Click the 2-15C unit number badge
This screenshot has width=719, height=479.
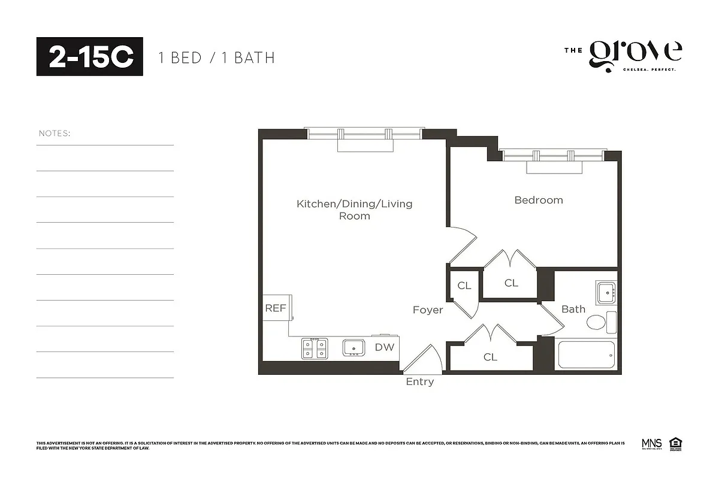coord(90,56)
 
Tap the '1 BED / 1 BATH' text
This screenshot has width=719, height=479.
coord(216,58)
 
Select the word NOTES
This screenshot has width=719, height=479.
coord(55,133)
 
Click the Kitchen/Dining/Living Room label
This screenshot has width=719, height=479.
coord(355,210)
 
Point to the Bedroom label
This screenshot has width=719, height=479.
coord(539,200)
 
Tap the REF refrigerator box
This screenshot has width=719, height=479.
coord(276,308)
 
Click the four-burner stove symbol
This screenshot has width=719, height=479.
coord(315,348)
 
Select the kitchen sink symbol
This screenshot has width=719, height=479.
coord(354,347)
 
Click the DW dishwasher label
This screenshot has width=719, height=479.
coord(385,347)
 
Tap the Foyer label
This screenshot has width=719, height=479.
coord(428,310)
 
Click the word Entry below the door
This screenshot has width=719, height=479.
coord(419,382)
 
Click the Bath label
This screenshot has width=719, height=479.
coord(573,309)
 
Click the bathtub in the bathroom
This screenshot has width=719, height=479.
coord(587,355)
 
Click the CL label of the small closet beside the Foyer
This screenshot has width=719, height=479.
coord(464,286)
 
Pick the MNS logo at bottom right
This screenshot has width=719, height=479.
coord(651,444)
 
